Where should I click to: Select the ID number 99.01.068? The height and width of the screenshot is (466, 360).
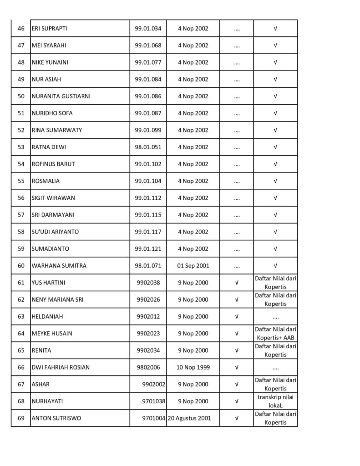tap(148, 46)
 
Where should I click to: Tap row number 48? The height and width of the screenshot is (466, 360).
tap(21, 62)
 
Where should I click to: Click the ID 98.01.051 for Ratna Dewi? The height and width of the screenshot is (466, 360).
tap(148, 147)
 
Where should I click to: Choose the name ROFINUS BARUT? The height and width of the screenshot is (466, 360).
tap(53, 164)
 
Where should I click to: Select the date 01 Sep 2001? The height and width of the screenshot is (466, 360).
tap(193, 265)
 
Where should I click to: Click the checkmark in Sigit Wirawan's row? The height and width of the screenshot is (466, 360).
tap(275, 198)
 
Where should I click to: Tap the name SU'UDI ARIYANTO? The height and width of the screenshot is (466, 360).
tap(55, 232)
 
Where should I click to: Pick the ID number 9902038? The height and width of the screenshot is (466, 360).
tap(148, 283)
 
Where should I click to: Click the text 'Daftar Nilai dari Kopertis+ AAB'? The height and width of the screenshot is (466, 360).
tap(275, 334)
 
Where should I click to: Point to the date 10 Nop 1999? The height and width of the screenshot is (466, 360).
tap(193, 367)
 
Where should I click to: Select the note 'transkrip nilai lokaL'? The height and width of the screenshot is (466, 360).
tap(275, 401)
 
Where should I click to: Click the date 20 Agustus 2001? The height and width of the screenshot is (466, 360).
tap(189, 418)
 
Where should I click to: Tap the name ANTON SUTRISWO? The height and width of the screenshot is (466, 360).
tap(56, 418)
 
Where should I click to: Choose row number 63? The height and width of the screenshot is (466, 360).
tap(21, 316)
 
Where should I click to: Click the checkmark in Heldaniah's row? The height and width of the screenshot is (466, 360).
tap(237, 316)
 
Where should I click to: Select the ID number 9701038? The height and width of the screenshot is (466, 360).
tap(154, 401)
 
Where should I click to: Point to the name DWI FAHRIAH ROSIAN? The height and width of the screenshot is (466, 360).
tap(61, 367)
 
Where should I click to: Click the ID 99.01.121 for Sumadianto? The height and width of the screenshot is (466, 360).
tap(148, 248)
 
